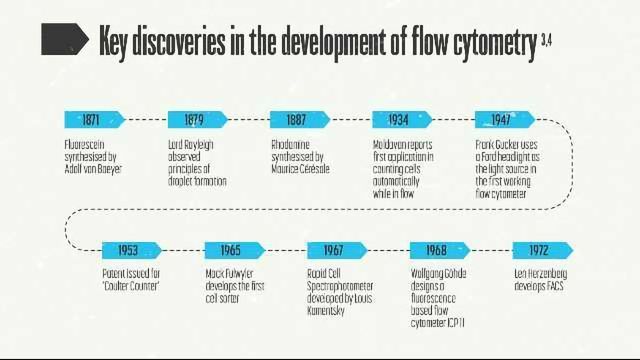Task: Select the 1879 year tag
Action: pos(195,119)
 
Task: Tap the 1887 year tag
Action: pos(297,119)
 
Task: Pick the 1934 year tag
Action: pos(399,119)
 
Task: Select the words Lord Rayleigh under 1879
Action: pos(192,145)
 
